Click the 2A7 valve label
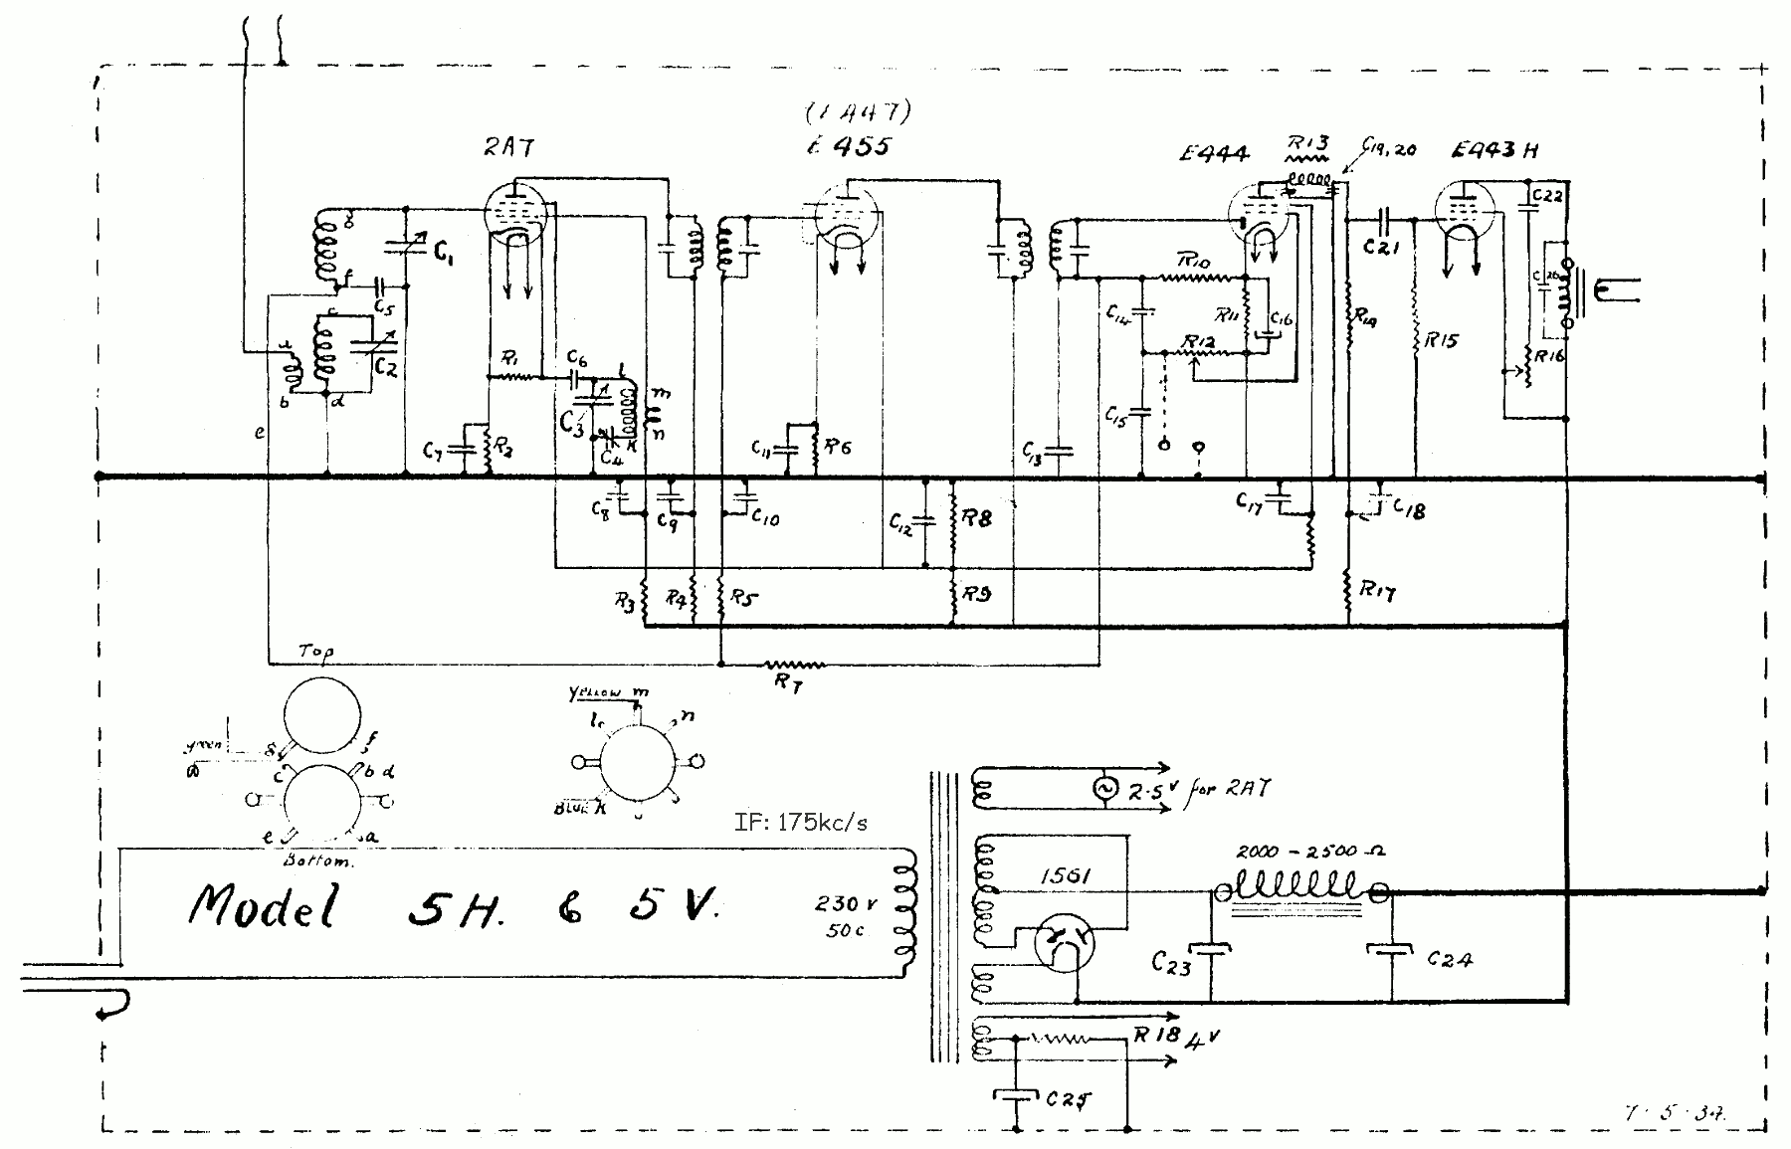[509, 147]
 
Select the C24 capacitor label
[1449, 959]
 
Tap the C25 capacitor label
[1069, 1099]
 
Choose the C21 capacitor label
[1381, 246]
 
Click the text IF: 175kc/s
[800, 822]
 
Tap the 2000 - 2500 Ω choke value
[1310, 852]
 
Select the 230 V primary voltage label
[847, 904]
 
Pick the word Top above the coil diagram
[316, 651]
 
